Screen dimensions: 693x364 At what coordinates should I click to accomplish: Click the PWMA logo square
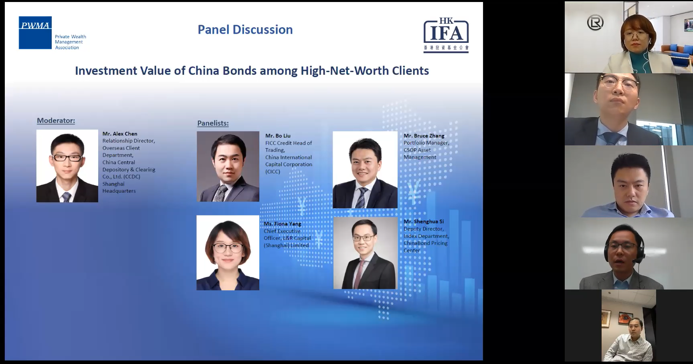[35, 33]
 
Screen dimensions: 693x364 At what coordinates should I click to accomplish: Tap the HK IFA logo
[446, 35]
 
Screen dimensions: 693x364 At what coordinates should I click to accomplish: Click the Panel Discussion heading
[245, 30]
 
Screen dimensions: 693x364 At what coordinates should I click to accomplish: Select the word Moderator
[56, 121]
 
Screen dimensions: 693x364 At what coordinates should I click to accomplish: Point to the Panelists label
[213, 123]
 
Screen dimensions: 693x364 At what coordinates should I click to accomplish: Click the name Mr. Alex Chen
[120, 134]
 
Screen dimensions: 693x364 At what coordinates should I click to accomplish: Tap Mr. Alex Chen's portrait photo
[67, 166]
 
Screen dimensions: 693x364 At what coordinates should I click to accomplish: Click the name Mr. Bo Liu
[278, 136]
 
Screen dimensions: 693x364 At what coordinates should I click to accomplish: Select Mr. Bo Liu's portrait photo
[228, 166]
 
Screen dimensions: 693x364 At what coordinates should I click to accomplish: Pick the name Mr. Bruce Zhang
[424, 136]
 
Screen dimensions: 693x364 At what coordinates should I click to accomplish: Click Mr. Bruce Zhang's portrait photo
[365, 170]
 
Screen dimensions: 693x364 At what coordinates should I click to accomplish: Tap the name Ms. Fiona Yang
[283, 224]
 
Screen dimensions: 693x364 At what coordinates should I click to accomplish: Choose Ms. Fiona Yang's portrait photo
[228, 253]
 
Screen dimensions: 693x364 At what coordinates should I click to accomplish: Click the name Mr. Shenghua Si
[424, 221]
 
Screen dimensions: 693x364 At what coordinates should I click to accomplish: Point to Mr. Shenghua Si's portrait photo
[366, 253]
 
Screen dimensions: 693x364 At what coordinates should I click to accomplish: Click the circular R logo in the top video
[595, 23]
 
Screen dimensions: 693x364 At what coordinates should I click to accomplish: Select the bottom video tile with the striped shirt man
[628, 326]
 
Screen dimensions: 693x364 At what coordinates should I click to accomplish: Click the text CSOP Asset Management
[420, 154]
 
